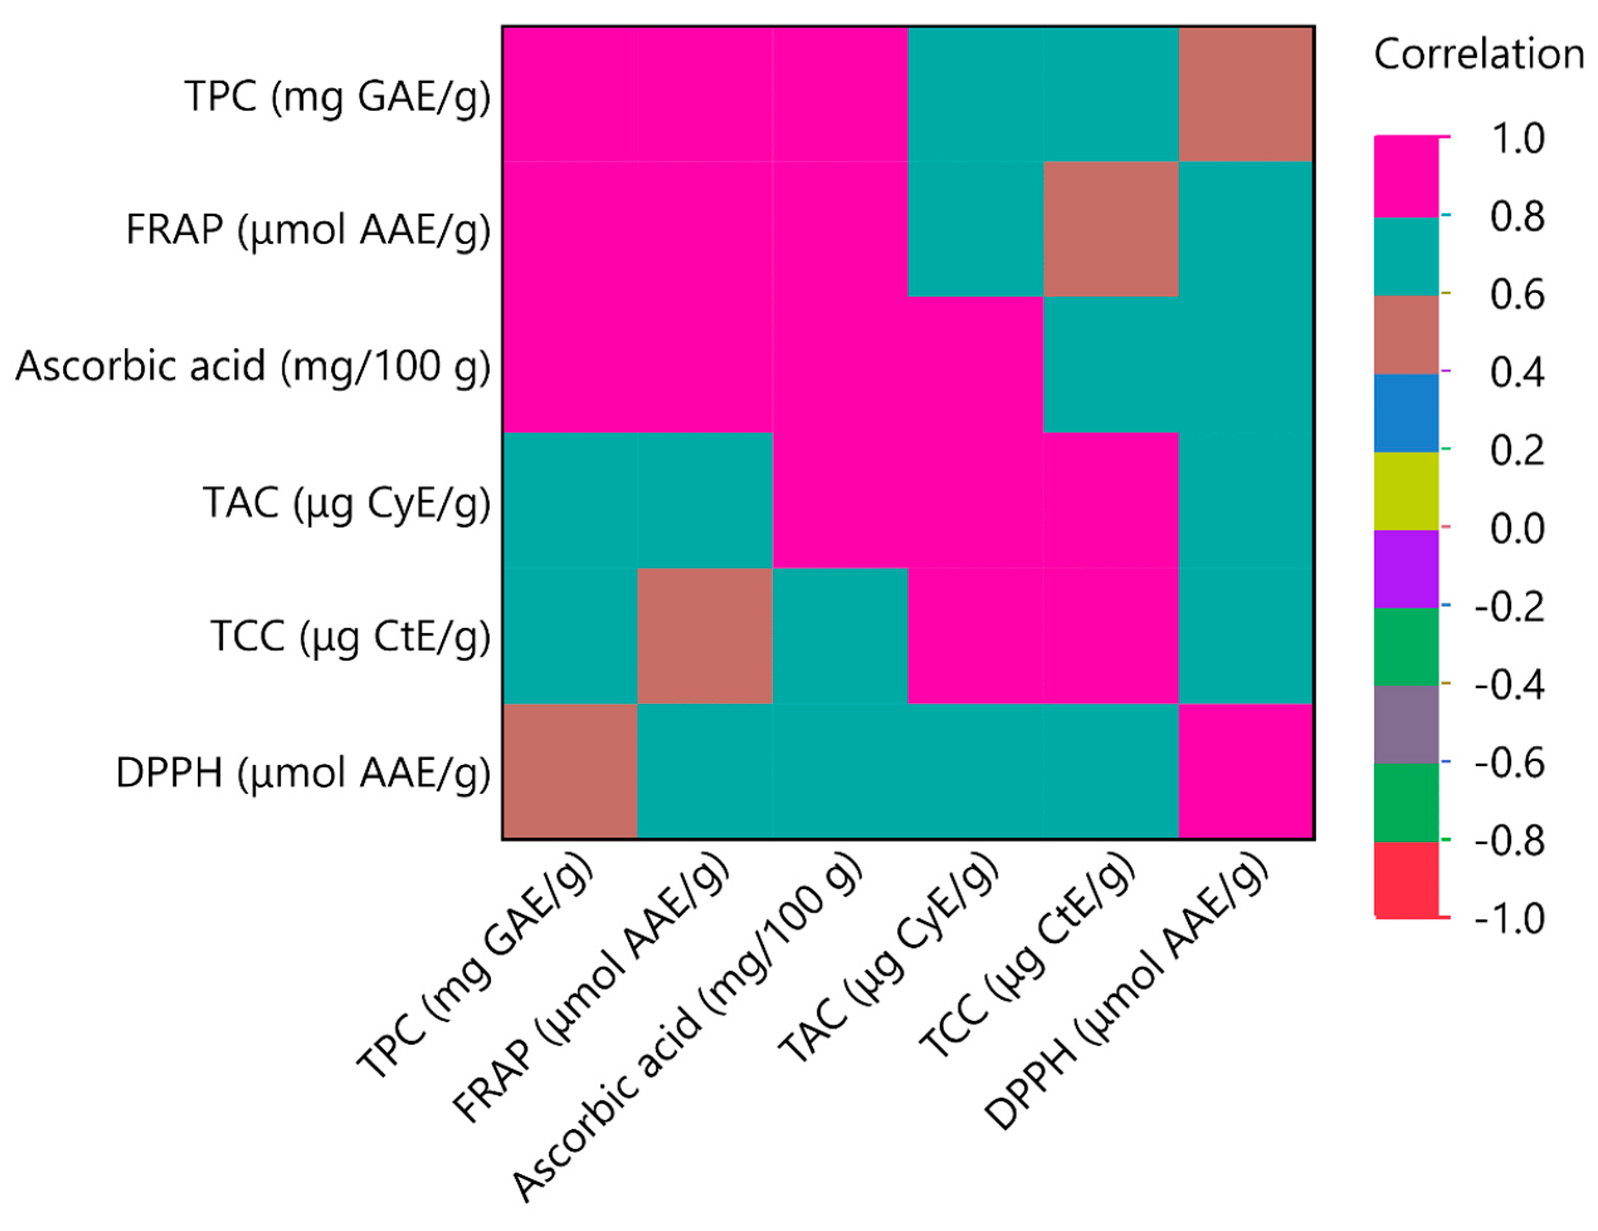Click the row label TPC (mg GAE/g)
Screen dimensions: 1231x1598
(337, 97)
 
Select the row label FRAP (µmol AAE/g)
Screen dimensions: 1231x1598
(308, 230)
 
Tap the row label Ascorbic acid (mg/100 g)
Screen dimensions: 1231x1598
(253, 366)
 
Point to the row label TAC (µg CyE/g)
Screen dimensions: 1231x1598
(347, 503)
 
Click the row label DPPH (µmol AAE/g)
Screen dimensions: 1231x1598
(303, 773)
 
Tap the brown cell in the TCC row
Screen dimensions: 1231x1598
(705, 635)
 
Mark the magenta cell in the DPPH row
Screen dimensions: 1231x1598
(1246, 771)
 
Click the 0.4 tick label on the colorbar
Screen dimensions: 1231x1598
(1518, 372)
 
